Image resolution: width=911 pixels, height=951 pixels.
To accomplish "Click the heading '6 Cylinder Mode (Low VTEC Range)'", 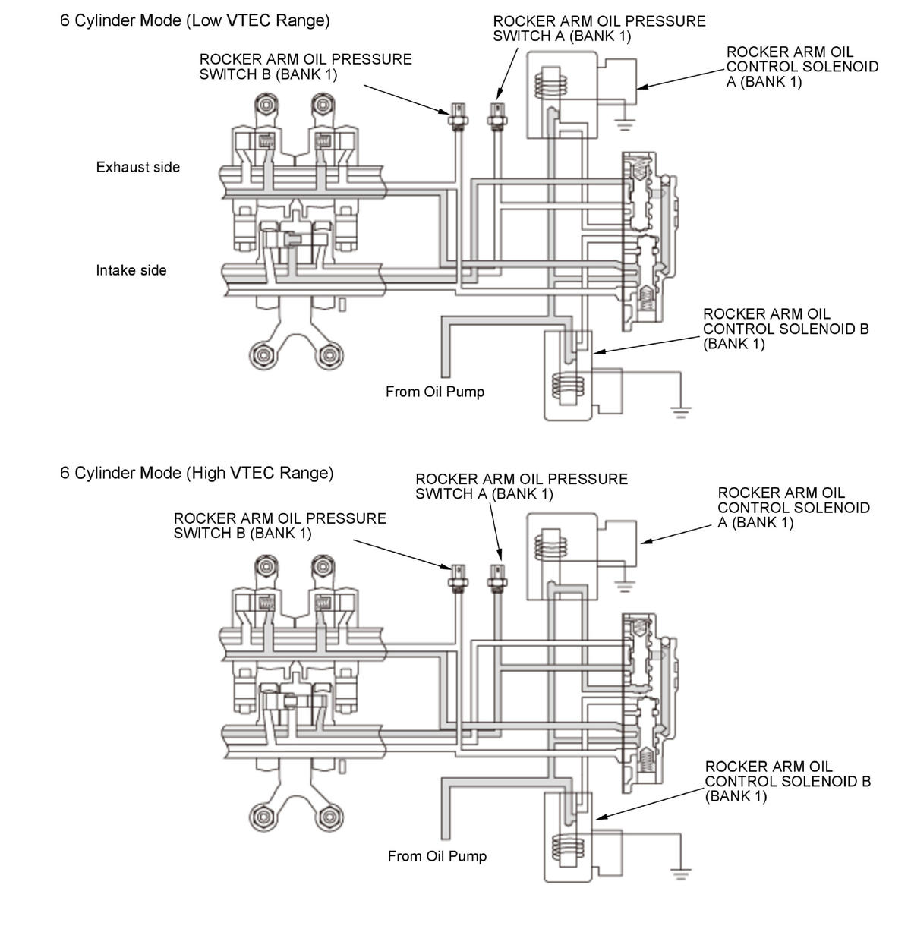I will click(x=194, y=20).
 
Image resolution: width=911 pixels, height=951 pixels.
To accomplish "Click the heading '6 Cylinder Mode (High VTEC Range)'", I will click(x=197, y=473).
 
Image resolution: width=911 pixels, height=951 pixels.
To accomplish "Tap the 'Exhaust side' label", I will click(x=137, y=167).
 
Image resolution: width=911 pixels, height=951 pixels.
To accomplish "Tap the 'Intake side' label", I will click(x=131, y=270).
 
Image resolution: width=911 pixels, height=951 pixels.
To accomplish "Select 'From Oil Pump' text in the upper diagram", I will click(x=434, y=392).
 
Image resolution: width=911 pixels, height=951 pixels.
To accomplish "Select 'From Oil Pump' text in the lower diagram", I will click(x=437, y=856).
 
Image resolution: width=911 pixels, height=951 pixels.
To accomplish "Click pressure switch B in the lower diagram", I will click(x=458, y=578).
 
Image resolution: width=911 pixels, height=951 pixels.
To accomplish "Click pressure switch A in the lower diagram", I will click(x=497, y=578).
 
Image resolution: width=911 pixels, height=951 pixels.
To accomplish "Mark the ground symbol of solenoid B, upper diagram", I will click(x=680, y=412).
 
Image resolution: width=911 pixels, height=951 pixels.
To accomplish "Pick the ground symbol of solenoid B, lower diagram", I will click(x=681, y=872).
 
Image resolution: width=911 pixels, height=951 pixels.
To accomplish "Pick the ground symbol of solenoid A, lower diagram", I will click(x=625, y=584).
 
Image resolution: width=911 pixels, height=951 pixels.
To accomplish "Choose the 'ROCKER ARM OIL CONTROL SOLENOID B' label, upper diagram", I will click(x=785, y=329).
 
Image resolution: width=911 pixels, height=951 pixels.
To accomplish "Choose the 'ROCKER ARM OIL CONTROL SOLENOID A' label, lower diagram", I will click(x=793, y=508).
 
